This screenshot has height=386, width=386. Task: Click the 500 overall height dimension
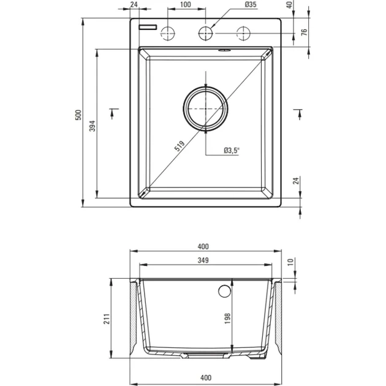pos(78,115)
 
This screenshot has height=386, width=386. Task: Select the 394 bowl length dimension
pos(92,126)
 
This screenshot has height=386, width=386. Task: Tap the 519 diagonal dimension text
pos(179,146)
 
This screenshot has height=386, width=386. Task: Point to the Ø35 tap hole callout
pos(251,4)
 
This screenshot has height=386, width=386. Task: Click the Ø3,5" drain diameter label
pos(232,150)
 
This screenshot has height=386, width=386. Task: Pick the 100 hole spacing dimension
pos(186,4)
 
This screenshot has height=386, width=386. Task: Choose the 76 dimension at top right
pos(305,32)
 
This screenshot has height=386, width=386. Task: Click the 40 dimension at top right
pos(289,5)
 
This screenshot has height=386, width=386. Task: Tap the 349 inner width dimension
pos(203,260)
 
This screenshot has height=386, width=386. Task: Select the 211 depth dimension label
pos(107,319)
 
